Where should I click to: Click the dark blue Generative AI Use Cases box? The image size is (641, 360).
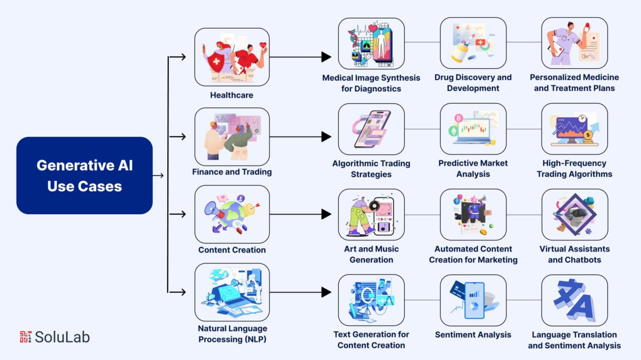[84, 175]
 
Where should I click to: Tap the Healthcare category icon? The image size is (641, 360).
[232, 57]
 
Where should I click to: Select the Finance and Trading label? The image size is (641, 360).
[232, 172]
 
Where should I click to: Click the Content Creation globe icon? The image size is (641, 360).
[232, 214]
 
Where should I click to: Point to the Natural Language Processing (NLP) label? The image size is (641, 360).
[232, 334]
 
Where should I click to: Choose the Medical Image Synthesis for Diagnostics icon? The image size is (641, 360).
[371, 44]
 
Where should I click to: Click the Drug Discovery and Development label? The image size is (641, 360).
[473, 83]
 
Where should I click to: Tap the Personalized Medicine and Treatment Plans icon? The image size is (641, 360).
[574, 44]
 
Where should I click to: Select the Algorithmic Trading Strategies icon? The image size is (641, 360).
[371, 129]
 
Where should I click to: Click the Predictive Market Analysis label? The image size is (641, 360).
[473, 168]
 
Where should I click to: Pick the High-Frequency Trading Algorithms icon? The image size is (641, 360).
[574, 129]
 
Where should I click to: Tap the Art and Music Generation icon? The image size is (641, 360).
[371, 214]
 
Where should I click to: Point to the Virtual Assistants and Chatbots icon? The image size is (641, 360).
[574, 214]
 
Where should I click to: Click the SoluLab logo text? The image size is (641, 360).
[62, 336]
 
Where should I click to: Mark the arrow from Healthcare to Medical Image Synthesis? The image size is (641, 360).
[299, 57]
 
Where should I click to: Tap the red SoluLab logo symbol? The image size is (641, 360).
[26, 336]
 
